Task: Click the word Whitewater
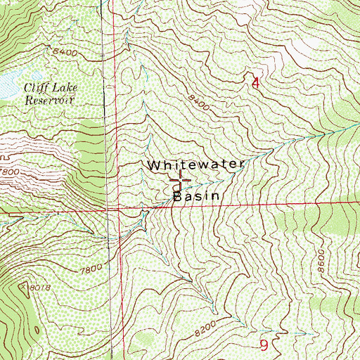click(196, 165)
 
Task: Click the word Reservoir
click(50, 100)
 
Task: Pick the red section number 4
click(255, 83)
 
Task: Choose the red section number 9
click(264, 345)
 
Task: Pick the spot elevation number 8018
click(39, 287)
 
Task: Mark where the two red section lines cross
click(112, 208)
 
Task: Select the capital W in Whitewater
click(154, 165)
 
